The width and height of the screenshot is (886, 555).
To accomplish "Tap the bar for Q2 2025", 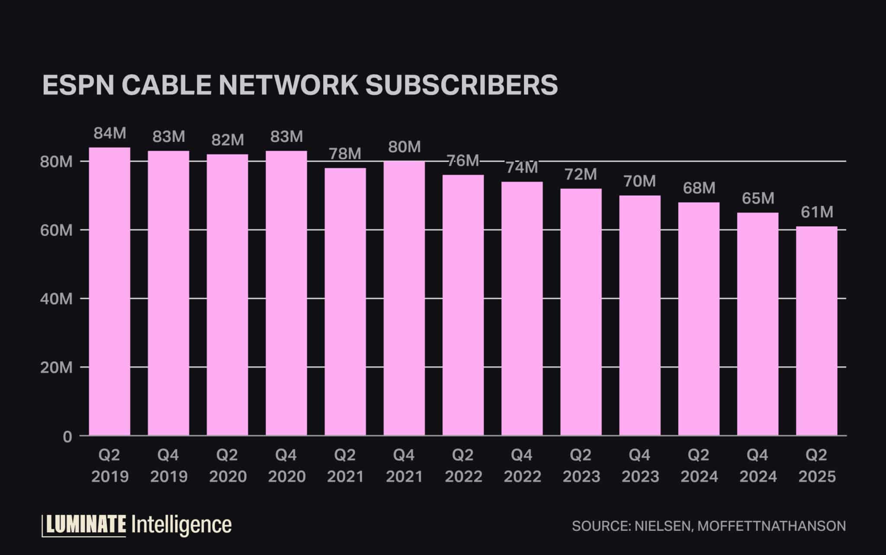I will click(x=816, y=330).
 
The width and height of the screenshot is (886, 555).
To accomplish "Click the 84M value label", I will click(x=110, y=134).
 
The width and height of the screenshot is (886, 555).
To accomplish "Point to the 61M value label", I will click(x=817, y=212).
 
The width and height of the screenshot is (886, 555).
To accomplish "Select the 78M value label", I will click(x=345, y=154).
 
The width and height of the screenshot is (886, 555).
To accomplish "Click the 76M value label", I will click(x=463, y=161).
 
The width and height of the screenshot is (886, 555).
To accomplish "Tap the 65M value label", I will click(x=758, y=199).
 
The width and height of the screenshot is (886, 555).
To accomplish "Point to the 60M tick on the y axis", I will click(x=56, y=231).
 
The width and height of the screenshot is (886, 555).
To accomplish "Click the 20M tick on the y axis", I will click(x=56, y=368).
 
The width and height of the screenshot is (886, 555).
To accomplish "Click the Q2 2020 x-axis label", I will click(x=228, y=466).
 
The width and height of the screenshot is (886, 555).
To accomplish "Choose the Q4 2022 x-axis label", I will click(x=522, y=466).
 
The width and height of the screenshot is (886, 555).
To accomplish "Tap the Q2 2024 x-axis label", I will click(x=699, y=466).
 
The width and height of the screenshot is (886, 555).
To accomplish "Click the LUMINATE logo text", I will click(x=86, y=525).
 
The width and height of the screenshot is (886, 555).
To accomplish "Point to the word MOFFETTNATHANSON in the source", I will click(x=771, y=526).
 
